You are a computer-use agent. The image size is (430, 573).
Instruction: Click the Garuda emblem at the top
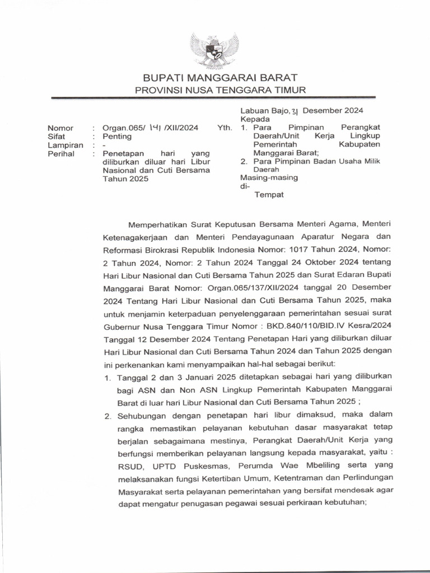click(214, 50)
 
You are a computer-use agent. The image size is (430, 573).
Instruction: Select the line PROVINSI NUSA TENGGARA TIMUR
click(220, 90)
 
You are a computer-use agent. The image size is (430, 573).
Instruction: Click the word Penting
click(116, 136)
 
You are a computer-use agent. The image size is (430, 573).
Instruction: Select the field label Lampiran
click(66, 145)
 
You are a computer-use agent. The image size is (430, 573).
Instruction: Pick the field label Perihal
click(61, 153)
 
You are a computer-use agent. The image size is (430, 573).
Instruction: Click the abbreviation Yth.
click(225, 128)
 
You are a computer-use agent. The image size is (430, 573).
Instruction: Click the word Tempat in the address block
click(269, 195)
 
